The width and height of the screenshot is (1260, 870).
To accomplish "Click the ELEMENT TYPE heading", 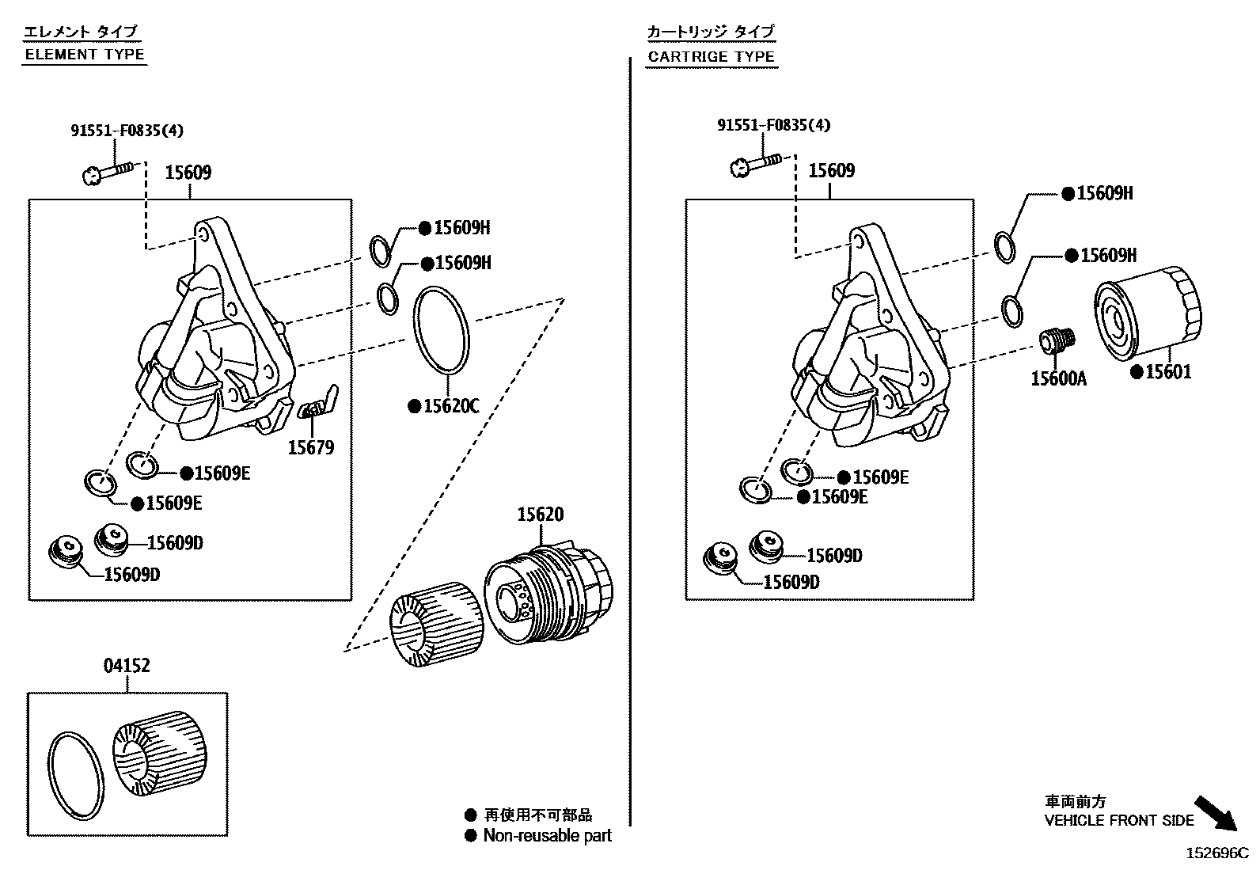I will (85, 55).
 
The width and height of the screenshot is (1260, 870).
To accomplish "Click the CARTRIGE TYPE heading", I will (711, 56).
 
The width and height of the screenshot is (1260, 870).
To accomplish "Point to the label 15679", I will (310, 448).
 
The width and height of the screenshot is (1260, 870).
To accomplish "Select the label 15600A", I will (1058, 379).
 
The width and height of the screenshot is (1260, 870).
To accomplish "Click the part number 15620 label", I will (541, 515).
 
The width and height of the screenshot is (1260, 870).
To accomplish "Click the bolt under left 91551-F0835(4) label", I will (108, 171).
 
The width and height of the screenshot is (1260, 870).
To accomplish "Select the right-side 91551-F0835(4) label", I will (774, 125).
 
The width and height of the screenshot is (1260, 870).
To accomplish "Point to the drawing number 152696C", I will (1216, 853).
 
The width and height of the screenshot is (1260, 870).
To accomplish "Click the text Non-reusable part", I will (547, 835).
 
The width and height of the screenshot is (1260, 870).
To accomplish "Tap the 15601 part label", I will (1168, 372).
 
